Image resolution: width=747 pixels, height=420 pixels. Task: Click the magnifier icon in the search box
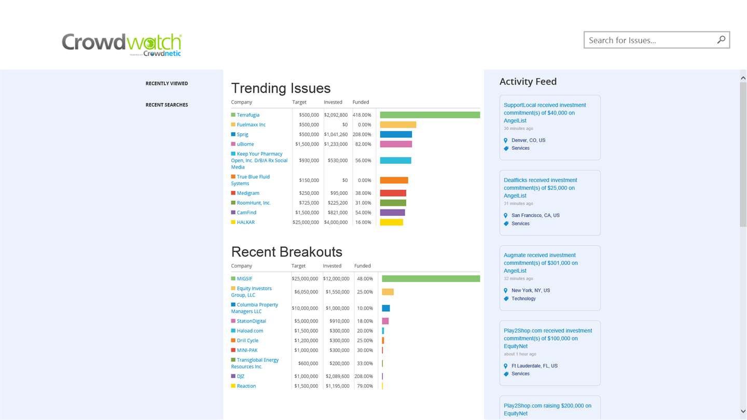tap(721, 40)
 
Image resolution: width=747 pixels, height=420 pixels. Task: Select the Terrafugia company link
tap(248, 115)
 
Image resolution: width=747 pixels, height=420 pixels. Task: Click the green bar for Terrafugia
tap(430, 115)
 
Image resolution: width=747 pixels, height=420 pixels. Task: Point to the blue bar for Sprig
tap(396, 135)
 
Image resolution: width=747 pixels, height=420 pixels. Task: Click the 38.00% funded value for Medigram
tap(363, 193)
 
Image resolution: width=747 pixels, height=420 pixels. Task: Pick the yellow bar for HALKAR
tap(391, 222)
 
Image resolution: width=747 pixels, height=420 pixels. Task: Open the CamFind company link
tap(246, 213)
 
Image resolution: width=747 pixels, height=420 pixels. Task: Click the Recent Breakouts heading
tap(286, 252)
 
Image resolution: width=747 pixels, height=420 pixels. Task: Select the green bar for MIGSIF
tap(431, 279)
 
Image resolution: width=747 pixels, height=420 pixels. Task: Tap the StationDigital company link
tap(251, 321)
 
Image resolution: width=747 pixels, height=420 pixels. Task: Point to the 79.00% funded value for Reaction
tap(365, 386)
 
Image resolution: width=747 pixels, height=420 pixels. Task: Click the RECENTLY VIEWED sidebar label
tap(167, 83)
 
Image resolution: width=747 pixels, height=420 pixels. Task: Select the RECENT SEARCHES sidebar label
tap(167, 105)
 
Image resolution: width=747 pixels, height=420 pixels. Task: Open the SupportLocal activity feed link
tap(544, 113)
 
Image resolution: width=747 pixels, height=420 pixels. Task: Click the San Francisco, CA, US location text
tap(535, 215)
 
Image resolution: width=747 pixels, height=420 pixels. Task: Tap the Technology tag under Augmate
tap(523, 299)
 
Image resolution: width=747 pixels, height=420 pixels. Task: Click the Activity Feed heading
tap(528, 81)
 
